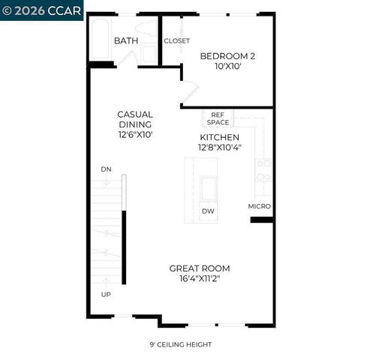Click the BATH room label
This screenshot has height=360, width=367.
pyautogui.click(x=125, y=40)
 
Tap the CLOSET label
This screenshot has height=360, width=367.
pyautogui.click(x=176, y=40)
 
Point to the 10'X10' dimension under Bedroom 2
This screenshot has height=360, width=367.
pyautogui.click(x=227, y=67)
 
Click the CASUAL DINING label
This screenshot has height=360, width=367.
pyautogui.click(x=135, y=119)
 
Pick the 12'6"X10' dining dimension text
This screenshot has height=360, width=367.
pyautogui.click(x=135, y=135)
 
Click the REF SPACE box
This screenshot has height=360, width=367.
pyautogui.click(x=218, y=118)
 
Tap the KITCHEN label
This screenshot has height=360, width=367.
pyautogui.click(x=219, y=137)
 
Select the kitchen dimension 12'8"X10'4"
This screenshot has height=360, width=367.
pyautogui.click(x=219, y=148)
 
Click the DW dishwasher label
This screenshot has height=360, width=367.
pyautogui.click(x=208, y=211)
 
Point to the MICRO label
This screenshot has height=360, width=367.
pyautogui.click(x=260, y=206)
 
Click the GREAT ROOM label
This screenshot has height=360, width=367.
pyautogui.click(x=199, y=268)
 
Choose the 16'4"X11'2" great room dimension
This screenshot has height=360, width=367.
pyautogui.click(x=199, y=278)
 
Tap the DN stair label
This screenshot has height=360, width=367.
pyautogui.click(x=106, y=169)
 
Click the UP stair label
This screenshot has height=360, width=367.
pyautogui.click(x=106, y=294)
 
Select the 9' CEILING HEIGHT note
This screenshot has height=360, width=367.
pyautogui.click(x=180, y=344)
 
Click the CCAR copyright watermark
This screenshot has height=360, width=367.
pyautogui.click(x=41, y=10)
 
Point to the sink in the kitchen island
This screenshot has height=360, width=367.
pyautogui.click(x=208, y=188)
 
